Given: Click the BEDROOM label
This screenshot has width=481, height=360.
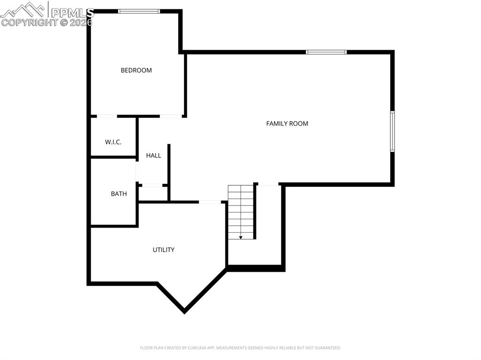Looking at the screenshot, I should pos(136,70).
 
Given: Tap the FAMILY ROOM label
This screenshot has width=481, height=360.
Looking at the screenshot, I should pos(287,123).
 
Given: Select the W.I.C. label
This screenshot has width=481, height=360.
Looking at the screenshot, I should pos(113,142).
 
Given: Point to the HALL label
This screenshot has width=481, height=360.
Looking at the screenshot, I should pos(154,155).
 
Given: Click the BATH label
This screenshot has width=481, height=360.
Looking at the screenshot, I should pos(119,193).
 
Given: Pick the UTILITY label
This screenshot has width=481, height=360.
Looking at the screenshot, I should pos(163,250).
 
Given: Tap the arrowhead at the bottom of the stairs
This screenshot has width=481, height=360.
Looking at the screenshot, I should pos(241,237).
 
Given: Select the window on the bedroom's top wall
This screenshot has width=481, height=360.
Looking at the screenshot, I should pos(139,11).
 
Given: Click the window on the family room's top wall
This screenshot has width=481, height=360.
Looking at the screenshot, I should pos(326,52).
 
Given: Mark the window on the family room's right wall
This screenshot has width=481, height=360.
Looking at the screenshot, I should pos(392,131).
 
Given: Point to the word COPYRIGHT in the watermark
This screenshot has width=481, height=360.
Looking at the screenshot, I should pos(30,22).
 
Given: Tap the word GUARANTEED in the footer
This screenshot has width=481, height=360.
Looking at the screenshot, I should pos(326,348).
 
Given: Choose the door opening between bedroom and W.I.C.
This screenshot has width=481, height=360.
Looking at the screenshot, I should pos(107,116).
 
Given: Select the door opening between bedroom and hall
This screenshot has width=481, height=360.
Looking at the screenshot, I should pos(171,116).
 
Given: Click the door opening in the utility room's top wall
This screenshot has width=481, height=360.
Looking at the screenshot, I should pos(210,202).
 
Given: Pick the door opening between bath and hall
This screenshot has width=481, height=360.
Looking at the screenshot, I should pos(137,172).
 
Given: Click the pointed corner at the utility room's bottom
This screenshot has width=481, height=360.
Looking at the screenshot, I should pos(184,311).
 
